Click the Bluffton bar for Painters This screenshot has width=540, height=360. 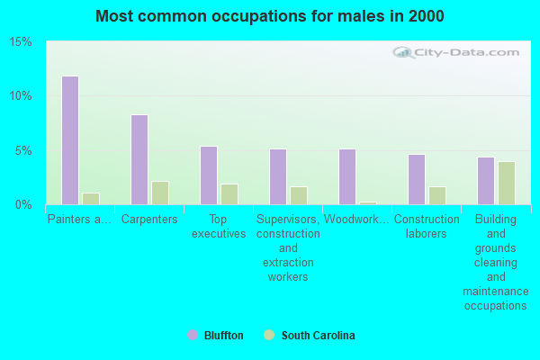[x=69, y=140]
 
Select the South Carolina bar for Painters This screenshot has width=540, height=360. [x=91, y=199]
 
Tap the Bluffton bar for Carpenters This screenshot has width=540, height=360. [x=139, y=159]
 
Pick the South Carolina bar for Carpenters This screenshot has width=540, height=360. [x=160, y=193]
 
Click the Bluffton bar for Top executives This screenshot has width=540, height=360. [x=208, y=175]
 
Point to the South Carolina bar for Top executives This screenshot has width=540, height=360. [x=229, y=194]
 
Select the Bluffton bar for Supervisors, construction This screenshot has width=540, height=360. [x=277, y=176]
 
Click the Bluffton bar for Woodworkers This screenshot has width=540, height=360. [x=346, y=176]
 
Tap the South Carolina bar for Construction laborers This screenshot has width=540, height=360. [x=437, y=195]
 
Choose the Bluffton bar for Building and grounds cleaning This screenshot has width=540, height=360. [x=485, y=181]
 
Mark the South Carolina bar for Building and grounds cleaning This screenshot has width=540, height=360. [x=507, y=183]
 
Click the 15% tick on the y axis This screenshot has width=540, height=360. [x=21, y=42]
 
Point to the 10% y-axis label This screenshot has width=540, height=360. [x=21, y=96]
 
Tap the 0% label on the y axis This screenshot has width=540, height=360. [x=23, y=204]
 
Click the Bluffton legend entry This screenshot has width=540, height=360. [x=215, y=336]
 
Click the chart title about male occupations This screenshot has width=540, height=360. [x=270, y=16]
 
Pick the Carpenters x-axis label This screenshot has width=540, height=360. [x=149, y=219]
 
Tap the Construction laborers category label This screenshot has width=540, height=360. [x=427, y=226]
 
